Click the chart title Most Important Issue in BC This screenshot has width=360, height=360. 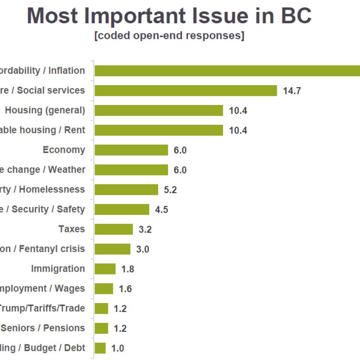169,16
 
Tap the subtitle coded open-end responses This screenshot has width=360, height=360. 169,36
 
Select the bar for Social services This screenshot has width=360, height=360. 186,91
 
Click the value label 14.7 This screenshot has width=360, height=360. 292,91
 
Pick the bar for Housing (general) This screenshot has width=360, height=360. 159,111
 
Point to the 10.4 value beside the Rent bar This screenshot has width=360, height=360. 238,130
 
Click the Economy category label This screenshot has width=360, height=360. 64,150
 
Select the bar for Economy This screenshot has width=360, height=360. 131,150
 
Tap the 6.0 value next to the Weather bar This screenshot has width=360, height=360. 180,170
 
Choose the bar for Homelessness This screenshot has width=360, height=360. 126,190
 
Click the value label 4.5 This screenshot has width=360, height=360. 162,210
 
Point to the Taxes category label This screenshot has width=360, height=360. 72,229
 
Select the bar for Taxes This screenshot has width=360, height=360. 114,229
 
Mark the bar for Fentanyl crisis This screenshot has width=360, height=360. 112,249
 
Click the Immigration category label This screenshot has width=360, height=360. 58,269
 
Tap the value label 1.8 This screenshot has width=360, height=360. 128,269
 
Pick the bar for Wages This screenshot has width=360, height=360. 104,289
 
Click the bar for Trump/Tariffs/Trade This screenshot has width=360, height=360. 101,309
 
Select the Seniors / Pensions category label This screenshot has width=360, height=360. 43,328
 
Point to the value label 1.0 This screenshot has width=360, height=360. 117,348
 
